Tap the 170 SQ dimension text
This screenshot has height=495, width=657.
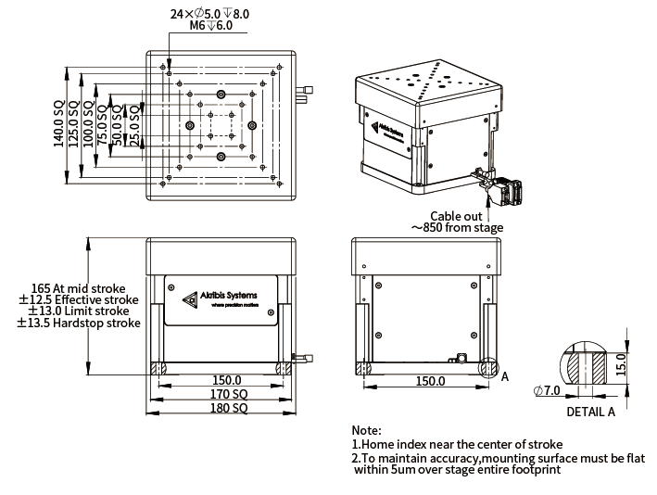[226, 394]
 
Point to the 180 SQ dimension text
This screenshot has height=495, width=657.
[226, 408]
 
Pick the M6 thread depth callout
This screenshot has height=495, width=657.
[211, 26]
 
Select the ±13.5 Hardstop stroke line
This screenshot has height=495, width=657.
[80, 324]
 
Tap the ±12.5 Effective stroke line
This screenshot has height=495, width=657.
[79, 300]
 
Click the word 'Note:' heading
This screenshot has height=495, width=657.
[366, 431]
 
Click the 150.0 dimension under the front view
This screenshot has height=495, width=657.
[226, 380]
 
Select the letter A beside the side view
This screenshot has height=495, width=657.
[505, 377]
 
